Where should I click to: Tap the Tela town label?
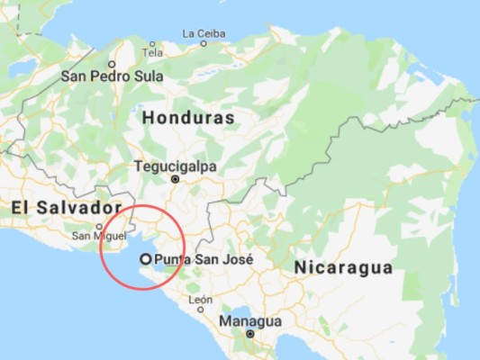pyautogui.click(x=152, y=52)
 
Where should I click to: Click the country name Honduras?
pyautogui.click(x=188, y=118)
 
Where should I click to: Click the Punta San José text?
pyautogui.click(x=204, y=259)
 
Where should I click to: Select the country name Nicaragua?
pyautogui.click(x=343, y=267)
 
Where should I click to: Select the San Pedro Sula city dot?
pyautogui.click(x=112, y=64)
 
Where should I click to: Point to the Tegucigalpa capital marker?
pyautogui.click(x=177, y=178)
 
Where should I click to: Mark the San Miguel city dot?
pyautogui.click(x=98, y=226)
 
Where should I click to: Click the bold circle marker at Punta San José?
pyautogui.click(x=145, y=259)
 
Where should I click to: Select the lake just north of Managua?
pyautogui.click(x=242, y=308)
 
